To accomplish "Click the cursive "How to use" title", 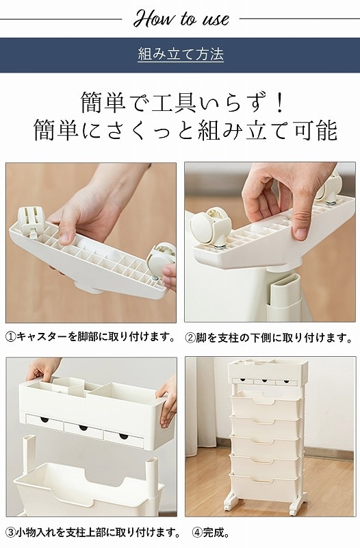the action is (181, 18).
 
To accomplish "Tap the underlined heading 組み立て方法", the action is (181, 55).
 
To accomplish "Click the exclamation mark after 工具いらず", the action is (279, 102).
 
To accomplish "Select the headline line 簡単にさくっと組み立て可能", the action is (185, 130).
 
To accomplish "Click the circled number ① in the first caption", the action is (11, 337).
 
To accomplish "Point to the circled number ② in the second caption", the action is (190, 338).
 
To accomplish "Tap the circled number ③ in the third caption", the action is (11, 533).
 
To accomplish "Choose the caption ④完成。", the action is (211, 533).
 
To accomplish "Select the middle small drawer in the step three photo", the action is (83, 430).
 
